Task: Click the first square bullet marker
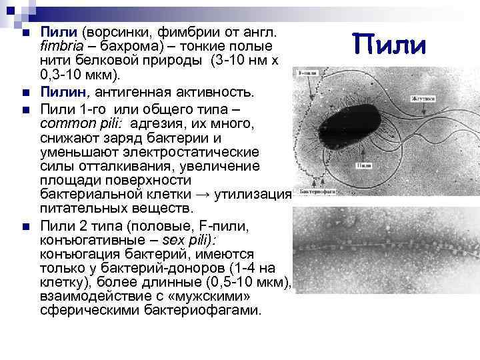(x=25, y=33)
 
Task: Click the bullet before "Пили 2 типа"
(x=25, y=228)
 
